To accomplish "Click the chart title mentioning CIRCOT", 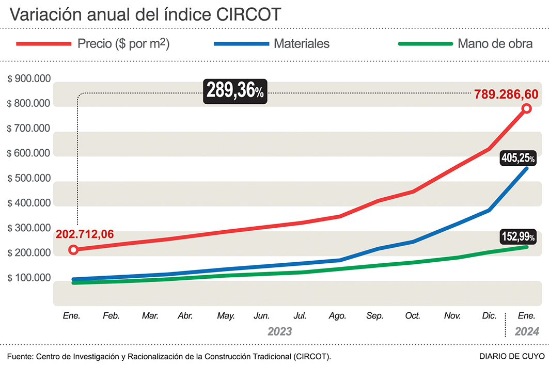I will pos(145,14).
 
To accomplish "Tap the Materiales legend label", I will pos(302,44).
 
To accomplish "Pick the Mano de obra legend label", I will pos(495,44).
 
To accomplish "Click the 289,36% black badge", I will pos(236,91).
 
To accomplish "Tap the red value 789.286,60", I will pos(506,94).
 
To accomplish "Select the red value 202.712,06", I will pos(85,234).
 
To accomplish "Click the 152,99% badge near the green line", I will pos(518,237).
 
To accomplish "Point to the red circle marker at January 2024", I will pos(526,108).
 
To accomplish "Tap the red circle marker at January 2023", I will pos(73,250).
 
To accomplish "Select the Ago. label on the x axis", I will pos(337,315).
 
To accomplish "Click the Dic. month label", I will pos(489,315).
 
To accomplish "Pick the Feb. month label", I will pos(111,315).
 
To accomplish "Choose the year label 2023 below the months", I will pos(279,331).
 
